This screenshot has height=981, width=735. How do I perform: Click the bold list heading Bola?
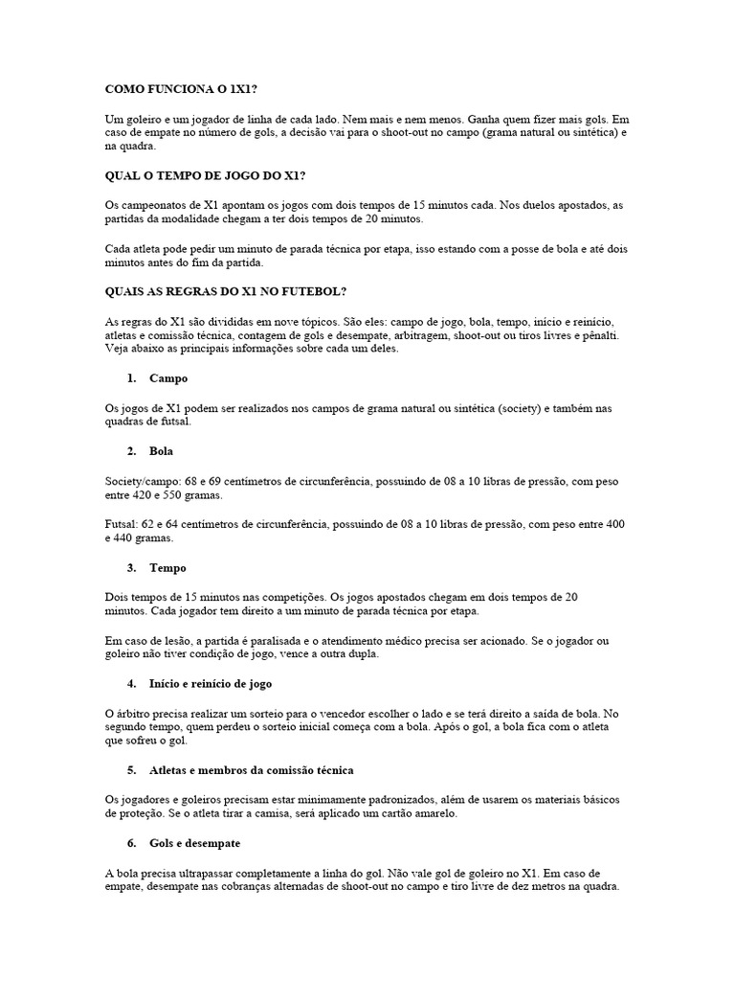[162, 450]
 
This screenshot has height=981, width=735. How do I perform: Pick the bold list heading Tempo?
[168, 568]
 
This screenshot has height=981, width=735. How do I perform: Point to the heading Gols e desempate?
[195, 843]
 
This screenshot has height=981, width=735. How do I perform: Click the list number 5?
[131, 770]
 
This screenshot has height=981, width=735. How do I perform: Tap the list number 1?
[131, 378]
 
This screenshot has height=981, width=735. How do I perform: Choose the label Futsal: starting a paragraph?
[124, 525]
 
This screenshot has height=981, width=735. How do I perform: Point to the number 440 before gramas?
[124, 539]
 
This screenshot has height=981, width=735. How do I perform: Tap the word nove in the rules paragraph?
[247, 321]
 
